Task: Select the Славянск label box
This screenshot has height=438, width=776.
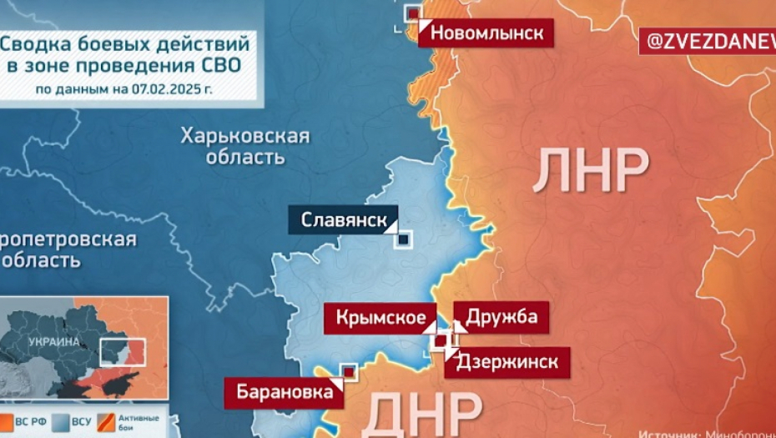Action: point(343,221)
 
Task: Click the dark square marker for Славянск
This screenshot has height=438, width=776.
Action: point(404,239)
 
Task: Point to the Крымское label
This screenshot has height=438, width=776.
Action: point(386,317)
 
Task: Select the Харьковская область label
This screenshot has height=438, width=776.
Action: point(245,146)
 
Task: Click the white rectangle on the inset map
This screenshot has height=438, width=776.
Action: point(122,350)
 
